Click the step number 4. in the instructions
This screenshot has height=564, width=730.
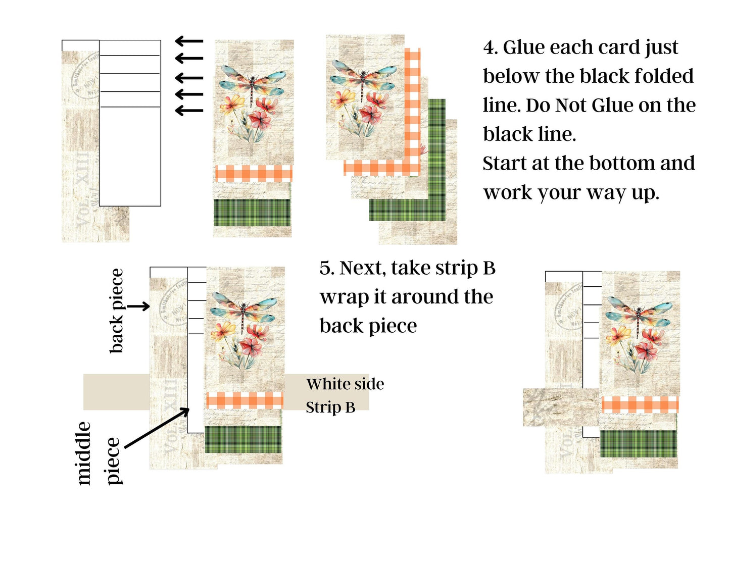click(x=491, y=47)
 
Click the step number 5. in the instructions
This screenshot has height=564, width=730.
click(x=327, y=268)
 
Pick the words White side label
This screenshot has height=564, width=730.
click(x=345, y=384)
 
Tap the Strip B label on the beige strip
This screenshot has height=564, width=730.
click(x=330, y=407)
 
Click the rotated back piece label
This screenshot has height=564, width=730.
click(x=117, y=311)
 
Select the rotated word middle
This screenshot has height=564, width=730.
click(x=83, y=453)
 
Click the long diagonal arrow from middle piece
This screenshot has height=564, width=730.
click(x=157, y=428)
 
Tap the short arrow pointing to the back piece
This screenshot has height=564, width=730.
click(x=138, y=306)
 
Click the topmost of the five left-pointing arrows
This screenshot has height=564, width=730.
click(x=189, y=41)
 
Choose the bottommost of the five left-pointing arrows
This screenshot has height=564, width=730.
click(x=189, y=111)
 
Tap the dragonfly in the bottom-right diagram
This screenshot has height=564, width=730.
click(x=640, y=315)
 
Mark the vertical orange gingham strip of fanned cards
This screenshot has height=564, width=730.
click(x=413, y=111)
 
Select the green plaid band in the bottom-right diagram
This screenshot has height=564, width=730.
click(x=638, y=444)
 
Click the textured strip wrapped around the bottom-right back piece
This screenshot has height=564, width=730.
click(x=562, y=407)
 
